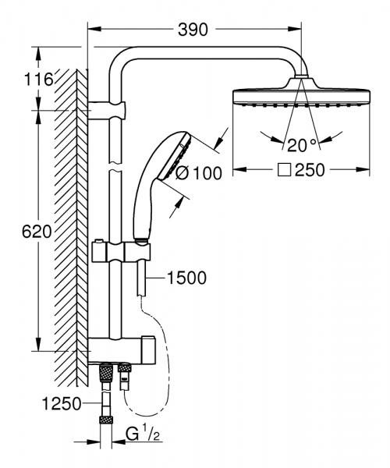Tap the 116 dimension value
(37, 80)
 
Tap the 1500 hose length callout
(188, 278)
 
